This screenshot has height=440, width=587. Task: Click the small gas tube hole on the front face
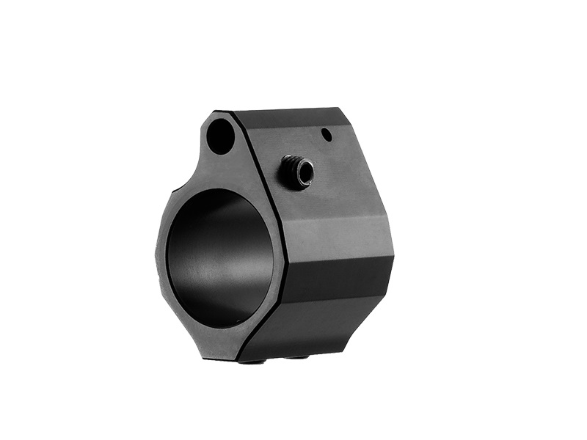(x=220, y=137)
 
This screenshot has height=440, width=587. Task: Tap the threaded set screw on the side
(x=297, y=173)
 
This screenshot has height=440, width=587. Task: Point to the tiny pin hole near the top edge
(x=327, y=135)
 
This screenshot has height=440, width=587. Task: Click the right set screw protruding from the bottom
(x=297, y=357)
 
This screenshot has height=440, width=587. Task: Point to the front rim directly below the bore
(x=220, y=341)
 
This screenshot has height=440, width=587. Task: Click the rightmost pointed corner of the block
(x=393, y=257)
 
